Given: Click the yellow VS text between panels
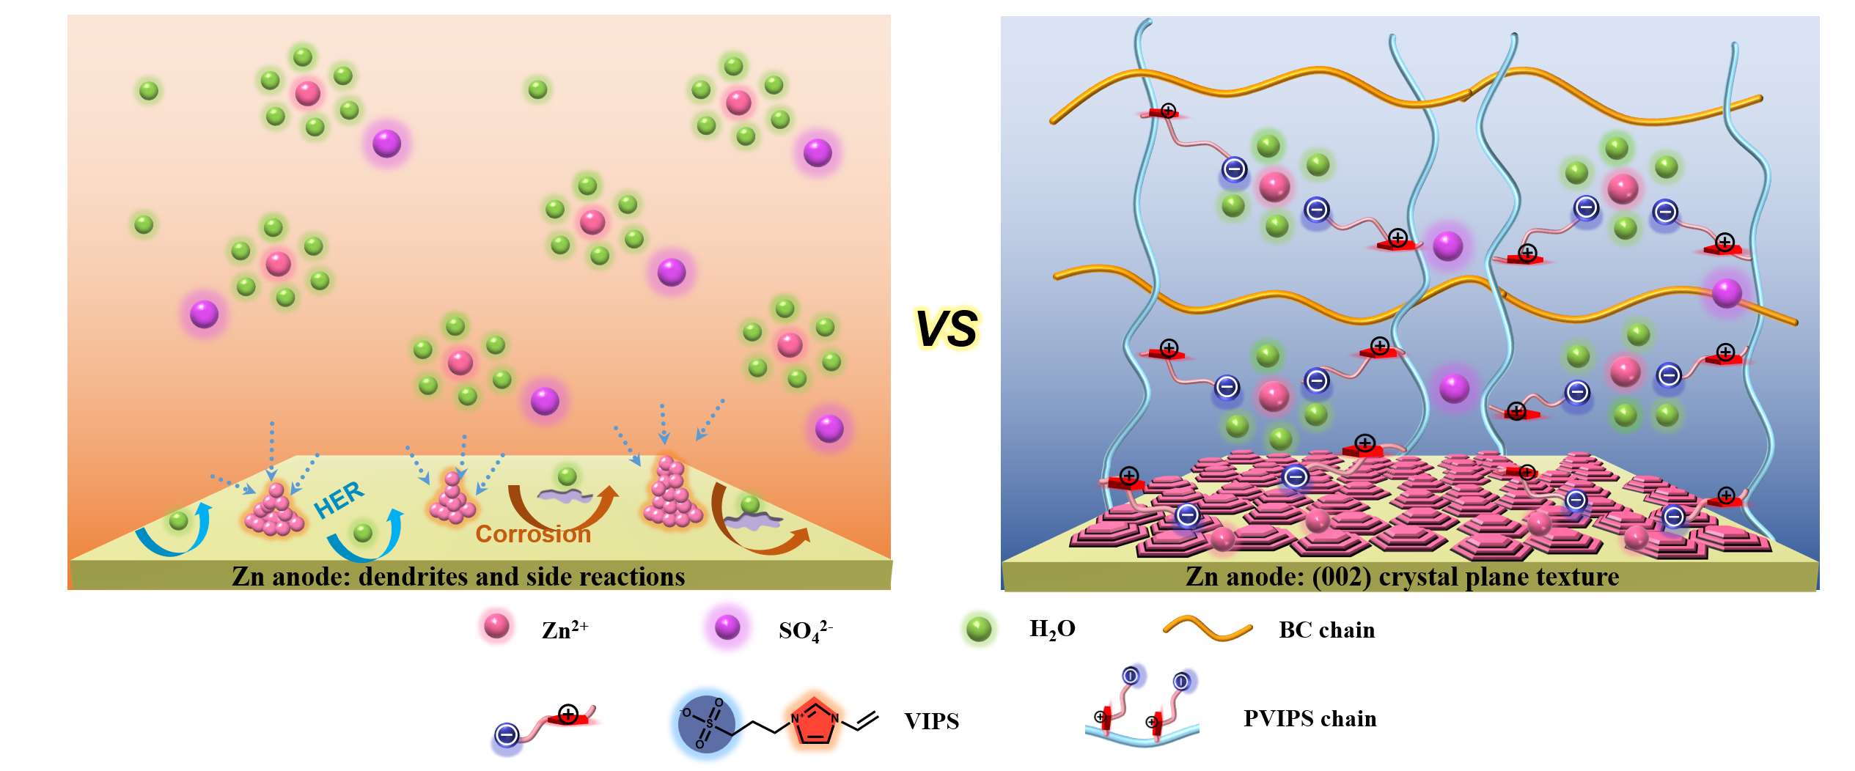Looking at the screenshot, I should pyautogui.click(x=946, y=329).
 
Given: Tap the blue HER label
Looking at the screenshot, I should pyautogui.click(x=338, y=500).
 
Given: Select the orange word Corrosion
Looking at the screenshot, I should pyautogui.click(x=533, y=534).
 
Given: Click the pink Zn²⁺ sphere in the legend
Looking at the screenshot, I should pyautogui.click(x=496, y=627).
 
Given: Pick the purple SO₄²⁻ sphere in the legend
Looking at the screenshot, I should pyautogui.click(x=727, y=627).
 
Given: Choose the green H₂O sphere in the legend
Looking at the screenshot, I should pyautogui.click(x=978, y=628).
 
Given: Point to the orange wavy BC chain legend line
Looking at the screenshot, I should pyautogui.click(x=1207, y=629).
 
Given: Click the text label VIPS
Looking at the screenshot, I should pyautogui.click(x=931, y=721).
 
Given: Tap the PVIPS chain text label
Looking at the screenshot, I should pyautogui.click(x=1309, y=719).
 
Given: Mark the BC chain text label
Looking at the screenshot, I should pyautogui.click(x=1326, y=630).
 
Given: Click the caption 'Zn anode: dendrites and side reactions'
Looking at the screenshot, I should pyautogui.click(x=458, y=577).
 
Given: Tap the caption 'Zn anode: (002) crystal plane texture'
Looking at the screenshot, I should pyautogui.click(x=1402, y=577).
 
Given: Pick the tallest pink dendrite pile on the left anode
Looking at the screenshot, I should pyautogui.click(x=672, y=495).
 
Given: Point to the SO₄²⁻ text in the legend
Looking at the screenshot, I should pyautogui.click(x=805, y=630).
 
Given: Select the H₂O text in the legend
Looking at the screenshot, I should pyautogui.click(x=1052, y=630).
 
